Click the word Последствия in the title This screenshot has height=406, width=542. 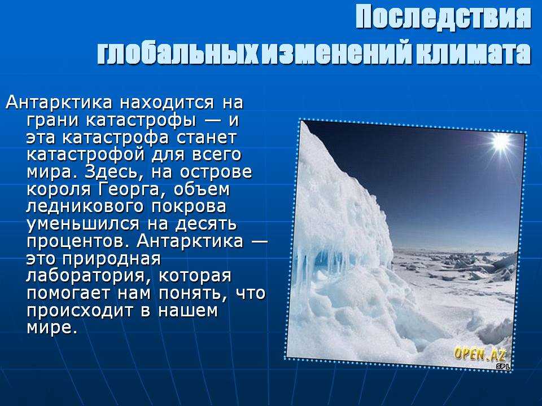tap(443, 17)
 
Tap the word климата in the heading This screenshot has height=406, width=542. tap(473, 54)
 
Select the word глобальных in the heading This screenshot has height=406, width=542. tap(178, 54)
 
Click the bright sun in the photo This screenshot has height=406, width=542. tap(501, 142)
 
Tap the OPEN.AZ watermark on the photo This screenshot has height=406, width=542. tap(480, 354)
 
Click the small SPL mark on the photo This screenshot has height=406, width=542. tap(503, 367)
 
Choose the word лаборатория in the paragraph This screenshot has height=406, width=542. tap(88, 276)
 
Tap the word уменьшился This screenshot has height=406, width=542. tap(83, 224)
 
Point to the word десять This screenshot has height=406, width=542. tap(206, 224)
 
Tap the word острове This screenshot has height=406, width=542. tap(216, 172)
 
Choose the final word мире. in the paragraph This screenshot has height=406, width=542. tap(52, 327)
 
